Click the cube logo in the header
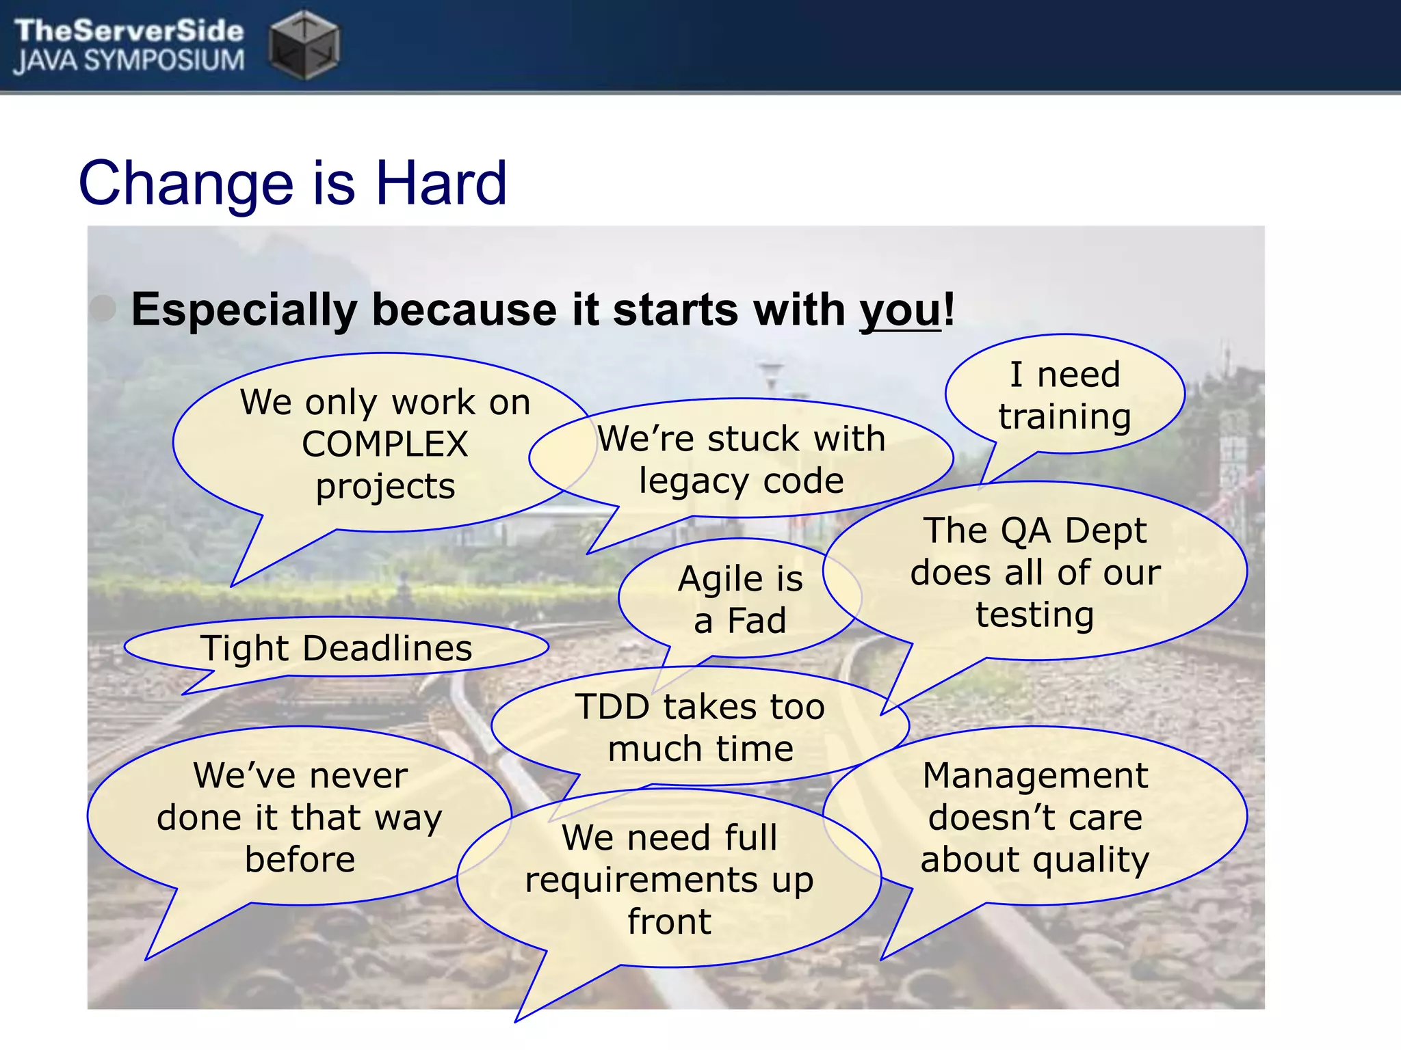coord(304,44)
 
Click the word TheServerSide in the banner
coord(129,31)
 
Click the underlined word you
coord(900,311)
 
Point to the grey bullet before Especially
coord(103,308)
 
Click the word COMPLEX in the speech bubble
coord(384,444)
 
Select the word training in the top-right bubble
coord(1064,416)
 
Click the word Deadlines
coord(387,648)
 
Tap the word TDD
coord(612,707)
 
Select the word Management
coord(1035,776)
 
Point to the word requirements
coord(641,880)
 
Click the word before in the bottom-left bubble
coord(300,859)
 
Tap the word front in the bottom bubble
coord(669,921)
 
